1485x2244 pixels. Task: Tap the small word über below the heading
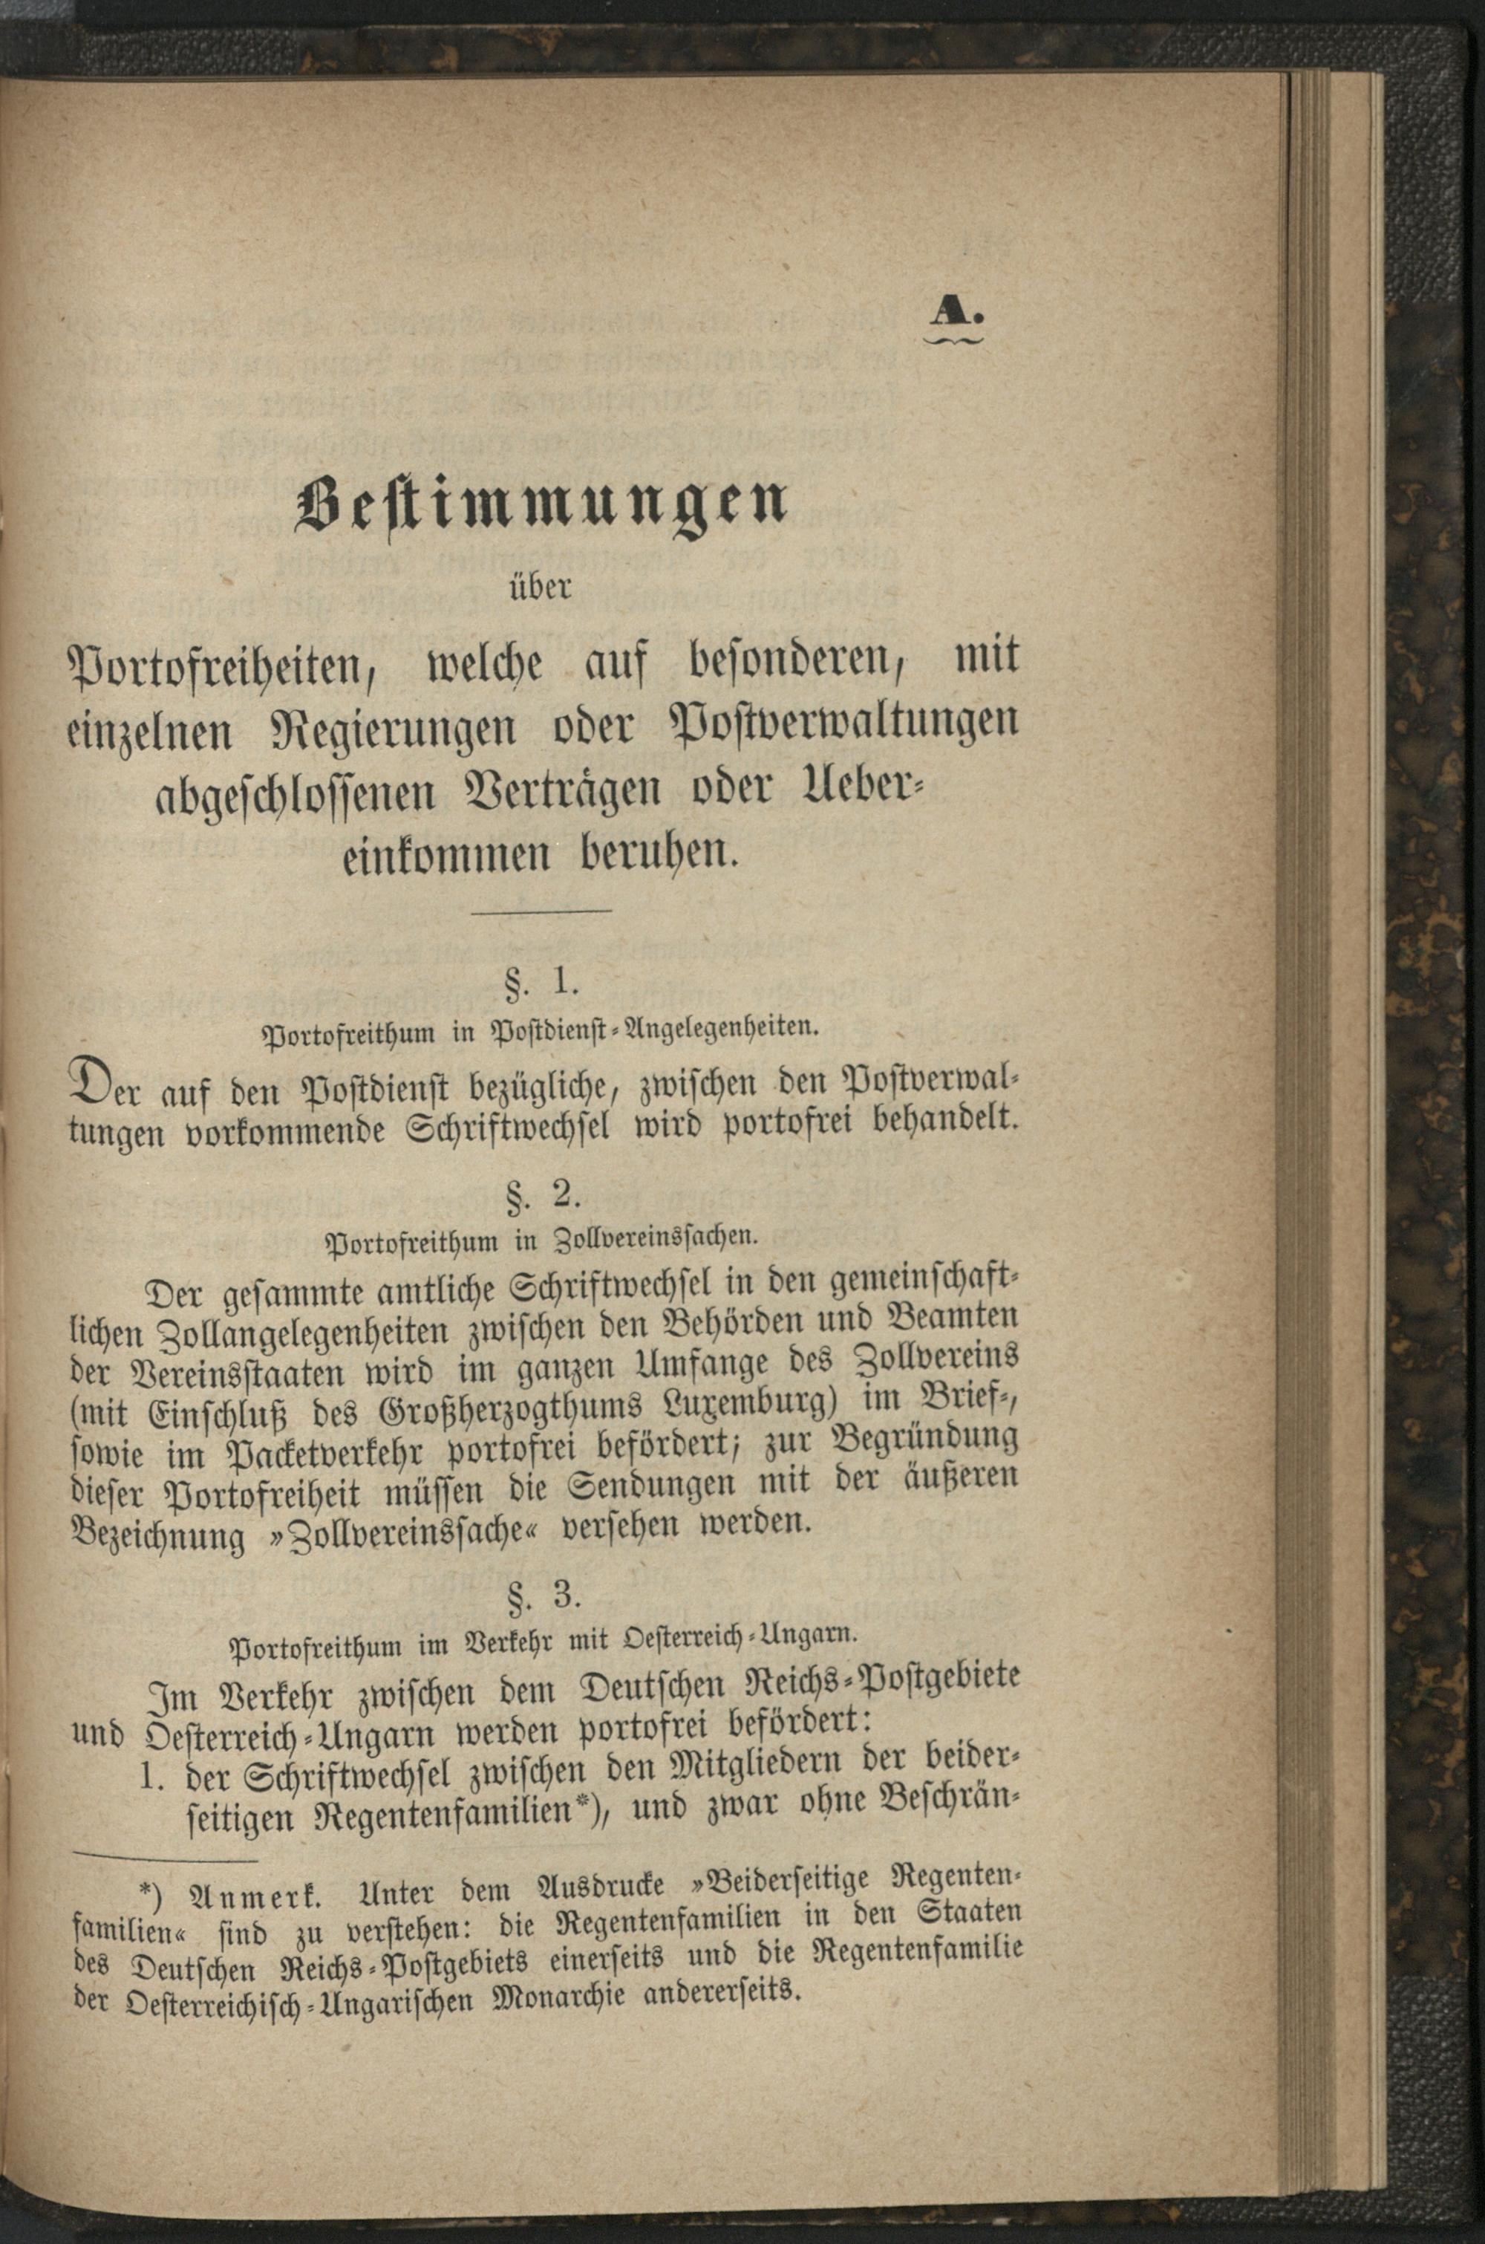point(539,588)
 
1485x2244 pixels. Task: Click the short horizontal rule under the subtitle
point(542,911)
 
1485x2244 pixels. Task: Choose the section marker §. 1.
point(543,982)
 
